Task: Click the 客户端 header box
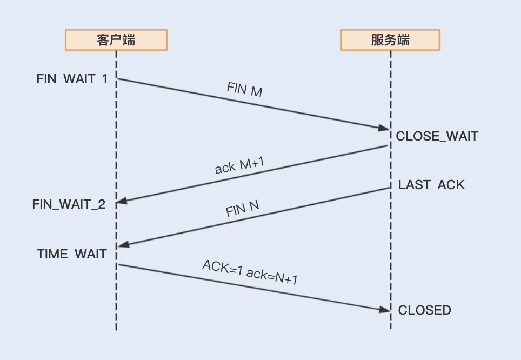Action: (116, 40)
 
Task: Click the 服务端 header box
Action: (390, 40)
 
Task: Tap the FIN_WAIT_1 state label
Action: (72, 79)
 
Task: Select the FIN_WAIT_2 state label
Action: (69, 204)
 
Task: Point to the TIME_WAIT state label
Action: (72, 254)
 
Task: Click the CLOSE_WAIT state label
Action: (437, 136)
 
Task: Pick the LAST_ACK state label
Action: (431, 185)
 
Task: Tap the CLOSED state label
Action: (424, 310)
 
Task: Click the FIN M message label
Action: (244, 90)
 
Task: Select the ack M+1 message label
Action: (239, 166)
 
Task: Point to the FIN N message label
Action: (243, 209)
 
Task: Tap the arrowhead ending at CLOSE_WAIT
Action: (384, 129)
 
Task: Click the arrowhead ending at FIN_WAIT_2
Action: (122, 201)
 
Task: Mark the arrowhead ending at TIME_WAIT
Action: (123, 245)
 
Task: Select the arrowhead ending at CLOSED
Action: (384, 310)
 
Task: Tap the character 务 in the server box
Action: (390, 40)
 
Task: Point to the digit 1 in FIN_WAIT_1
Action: (104, 79)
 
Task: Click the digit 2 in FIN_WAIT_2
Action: (101, 204)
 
